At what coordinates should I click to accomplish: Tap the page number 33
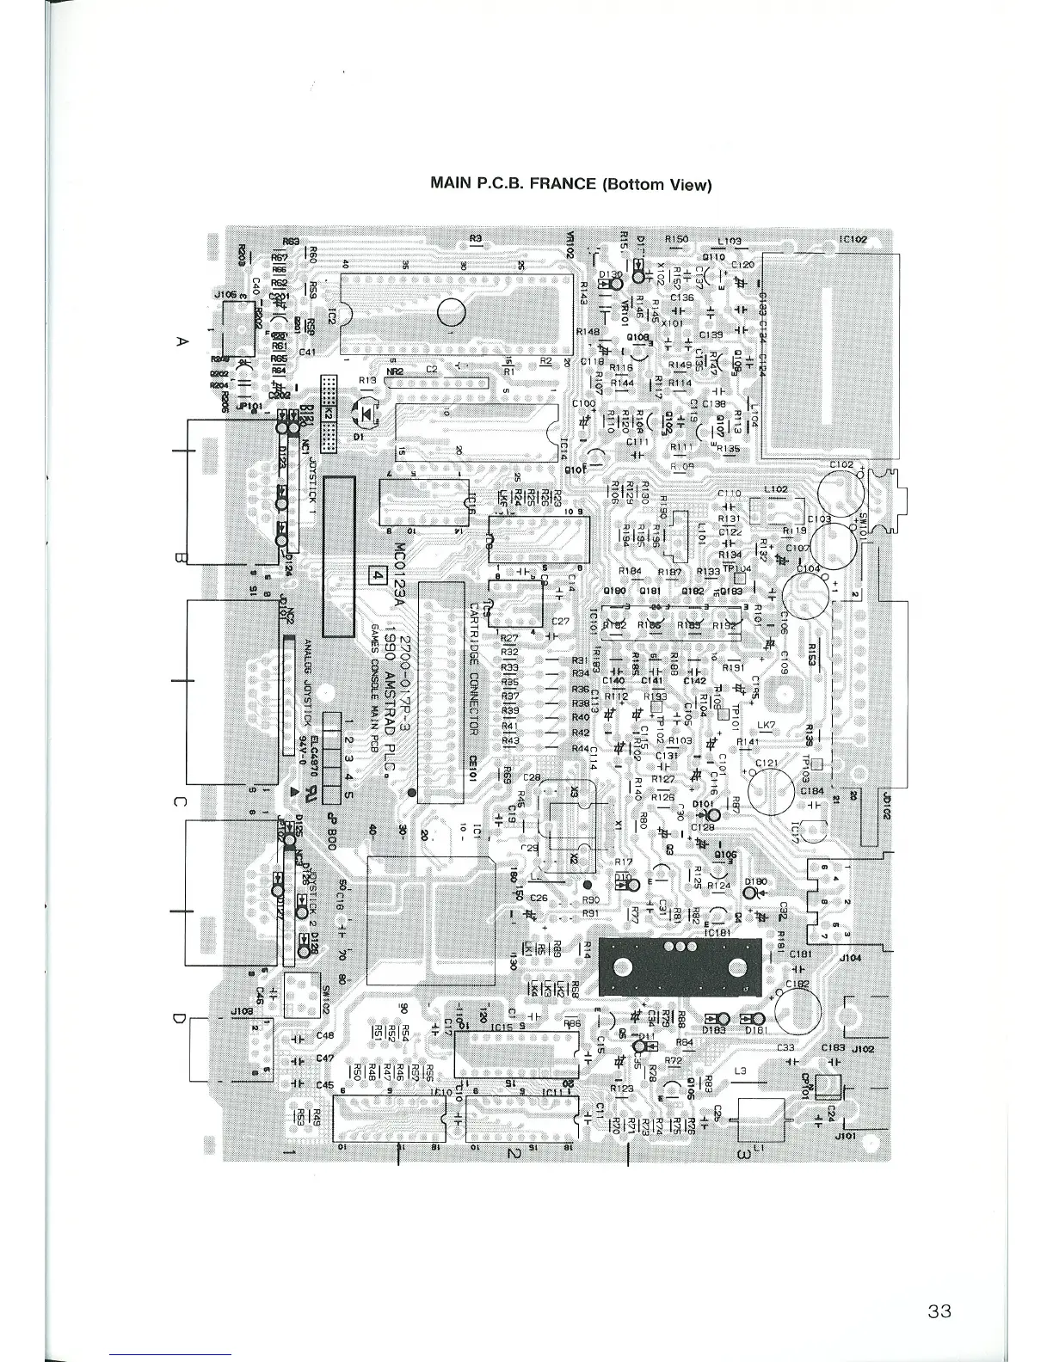point(939,1311)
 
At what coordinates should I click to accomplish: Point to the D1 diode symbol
point(368,414)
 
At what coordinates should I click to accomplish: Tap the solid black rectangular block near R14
point(680,964)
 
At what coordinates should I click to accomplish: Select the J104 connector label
point(850,957)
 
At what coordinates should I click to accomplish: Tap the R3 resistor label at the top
point(477,238)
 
